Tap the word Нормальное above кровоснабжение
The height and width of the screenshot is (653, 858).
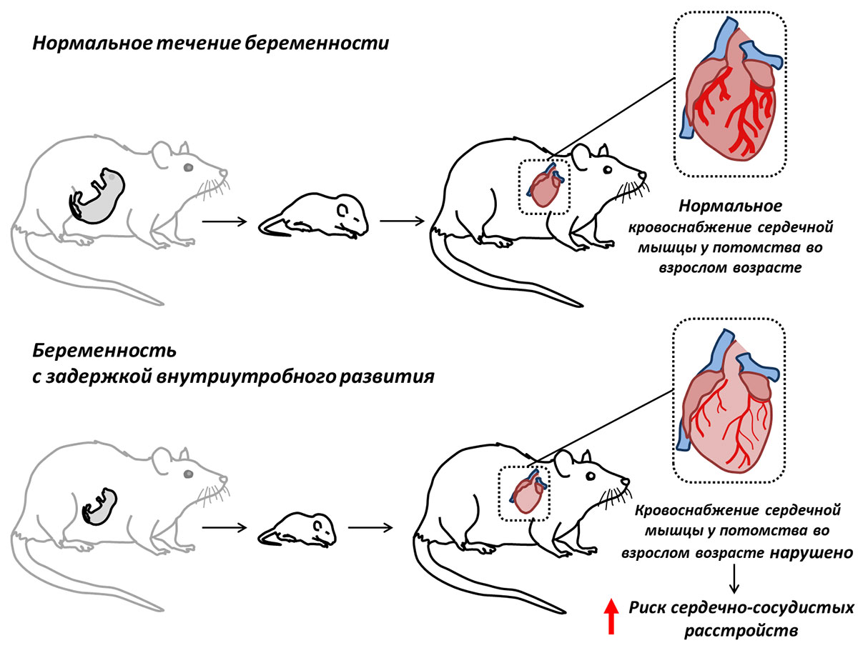(730, 206)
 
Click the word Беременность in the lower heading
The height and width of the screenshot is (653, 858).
(104, 351)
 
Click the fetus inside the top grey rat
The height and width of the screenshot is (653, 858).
(97, 195)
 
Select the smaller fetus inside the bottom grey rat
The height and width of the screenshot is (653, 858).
(99, 506)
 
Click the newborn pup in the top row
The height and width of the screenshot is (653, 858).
(313, 215)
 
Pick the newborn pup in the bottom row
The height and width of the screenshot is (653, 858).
(297, 529)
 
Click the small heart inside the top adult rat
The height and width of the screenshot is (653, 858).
(546, 185)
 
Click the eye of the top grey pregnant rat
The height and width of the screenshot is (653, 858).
(189, 167)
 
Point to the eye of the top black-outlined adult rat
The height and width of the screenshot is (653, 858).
(608, 170)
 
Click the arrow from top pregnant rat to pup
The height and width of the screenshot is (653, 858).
(225, 221)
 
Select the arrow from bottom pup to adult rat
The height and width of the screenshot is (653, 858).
(370, 528)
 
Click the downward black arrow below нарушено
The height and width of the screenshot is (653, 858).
(734, 578)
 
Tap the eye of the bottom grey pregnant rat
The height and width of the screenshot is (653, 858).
(189, 474)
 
